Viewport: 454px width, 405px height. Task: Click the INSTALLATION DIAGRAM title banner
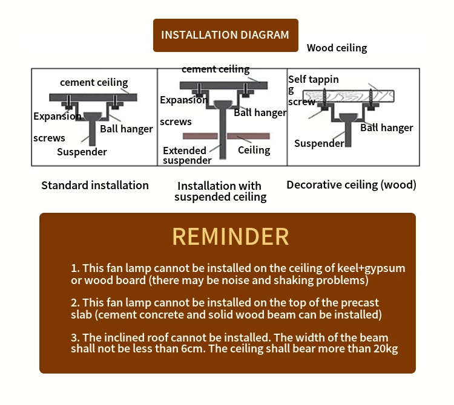coord(225,35)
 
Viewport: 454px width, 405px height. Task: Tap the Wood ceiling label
coord(337,48)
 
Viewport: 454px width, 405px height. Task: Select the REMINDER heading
coord(231,236)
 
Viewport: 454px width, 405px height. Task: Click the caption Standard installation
coord(95,186)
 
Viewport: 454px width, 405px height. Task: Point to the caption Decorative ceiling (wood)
coord(351,185)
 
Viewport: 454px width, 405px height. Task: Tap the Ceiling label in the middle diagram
coord(254,150)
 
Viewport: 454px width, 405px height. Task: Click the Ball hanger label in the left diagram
coord(127,129)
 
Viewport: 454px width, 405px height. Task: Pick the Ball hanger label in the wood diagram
coord(386,128)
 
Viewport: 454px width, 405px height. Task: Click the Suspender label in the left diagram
coord(82,152)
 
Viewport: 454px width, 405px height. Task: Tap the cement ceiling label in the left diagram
coord(94,83)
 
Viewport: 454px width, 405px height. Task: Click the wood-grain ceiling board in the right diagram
coord(349,96)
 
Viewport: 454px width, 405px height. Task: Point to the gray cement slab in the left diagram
coord(94,97)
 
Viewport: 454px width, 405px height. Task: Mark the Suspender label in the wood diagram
coord(319,144)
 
